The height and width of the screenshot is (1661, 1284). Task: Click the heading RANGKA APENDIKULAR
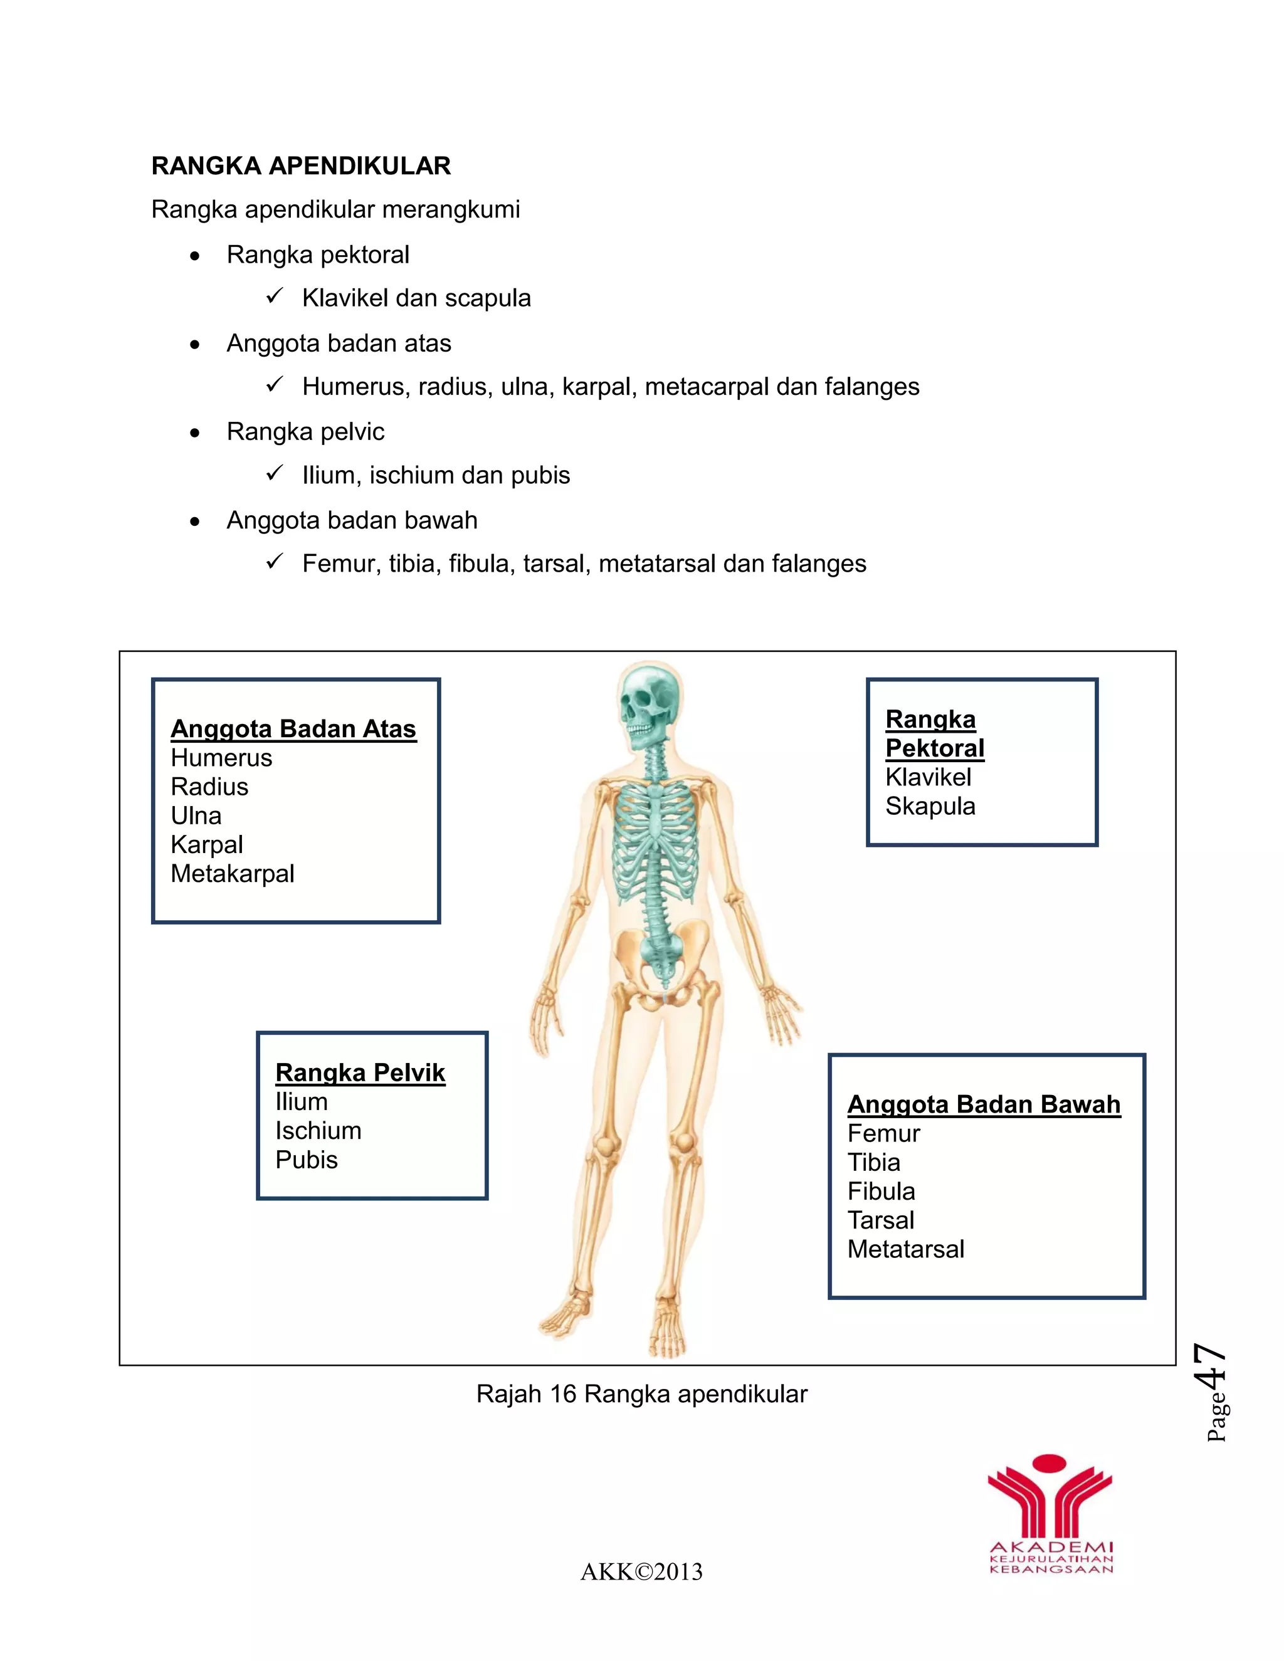(x=301, y=166)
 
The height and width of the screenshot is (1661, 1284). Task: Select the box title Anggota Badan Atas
(x=293, y=728)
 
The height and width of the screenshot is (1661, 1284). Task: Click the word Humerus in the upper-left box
(x=221, y=758)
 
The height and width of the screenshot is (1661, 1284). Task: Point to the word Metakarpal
(x=232, y=874)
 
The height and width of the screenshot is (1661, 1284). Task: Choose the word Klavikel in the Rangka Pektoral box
(x=928, y=777)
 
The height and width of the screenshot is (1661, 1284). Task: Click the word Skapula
(x=930, y=806)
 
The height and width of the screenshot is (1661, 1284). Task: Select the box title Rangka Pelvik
(x=360, y=1072)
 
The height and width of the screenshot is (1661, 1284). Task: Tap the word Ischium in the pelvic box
(x=318, y=1131)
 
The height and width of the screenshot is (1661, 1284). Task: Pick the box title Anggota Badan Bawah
(x=984, y=1104)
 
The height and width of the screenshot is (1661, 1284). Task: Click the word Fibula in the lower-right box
(x=881, y=1192)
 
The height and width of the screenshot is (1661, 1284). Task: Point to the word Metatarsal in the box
(x=905, y=1250)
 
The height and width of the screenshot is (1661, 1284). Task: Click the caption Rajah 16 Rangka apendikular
(x=641, y=1394)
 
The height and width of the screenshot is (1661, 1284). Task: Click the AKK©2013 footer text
(x=641, y=1572)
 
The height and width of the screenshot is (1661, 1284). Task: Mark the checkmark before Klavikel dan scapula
(x=275, y=296)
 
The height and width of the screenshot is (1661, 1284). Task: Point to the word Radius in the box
(x=209, y=787)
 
